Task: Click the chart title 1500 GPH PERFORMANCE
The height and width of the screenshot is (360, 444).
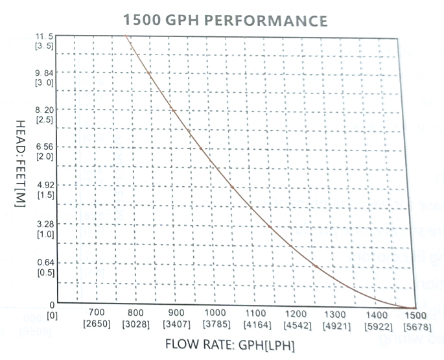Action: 225,21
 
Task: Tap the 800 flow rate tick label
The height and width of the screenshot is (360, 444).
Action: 136,313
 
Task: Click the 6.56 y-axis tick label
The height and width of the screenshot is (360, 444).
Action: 45,147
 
